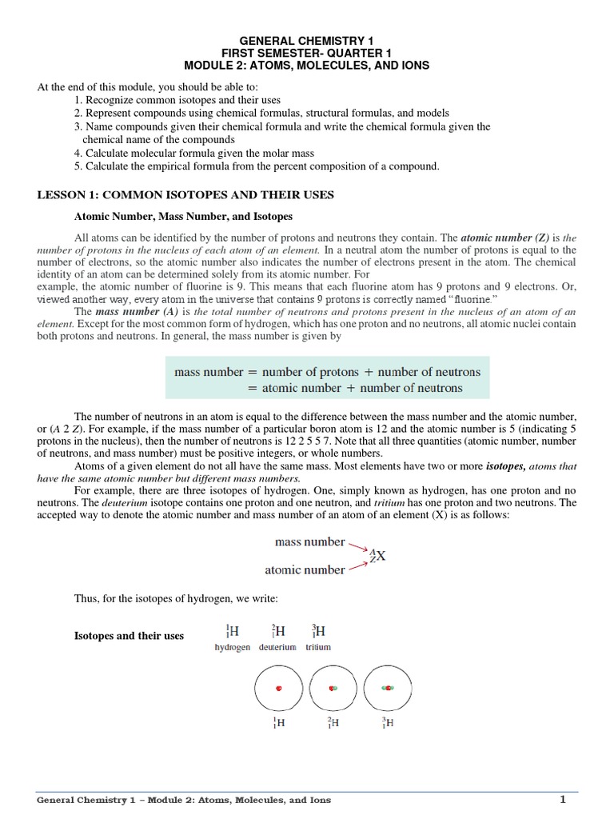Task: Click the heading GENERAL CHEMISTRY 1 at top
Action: pos(308,39)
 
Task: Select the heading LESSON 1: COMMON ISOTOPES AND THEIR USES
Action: pos(185,194)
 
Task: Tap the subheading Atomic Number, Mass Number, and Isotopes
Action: pos(183,217)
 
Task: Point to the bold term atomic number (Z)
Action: pos(499,238)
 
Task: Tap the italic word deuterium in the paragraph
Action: pos(123,503)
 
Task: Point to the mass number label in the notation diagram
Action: pos(309,541)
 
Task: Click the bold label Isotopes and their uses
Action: pos(129,636)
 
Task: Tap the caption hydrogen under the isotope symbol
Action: pos(233,646)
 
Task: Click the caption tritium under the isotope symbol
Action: pos(317,646)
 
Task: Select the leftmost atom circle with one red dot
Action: pos(278,688)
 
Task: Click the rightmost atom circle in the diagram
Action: pos(387,688)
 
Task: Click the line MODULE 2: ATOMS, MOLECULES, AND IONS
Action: pos(308,65)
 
